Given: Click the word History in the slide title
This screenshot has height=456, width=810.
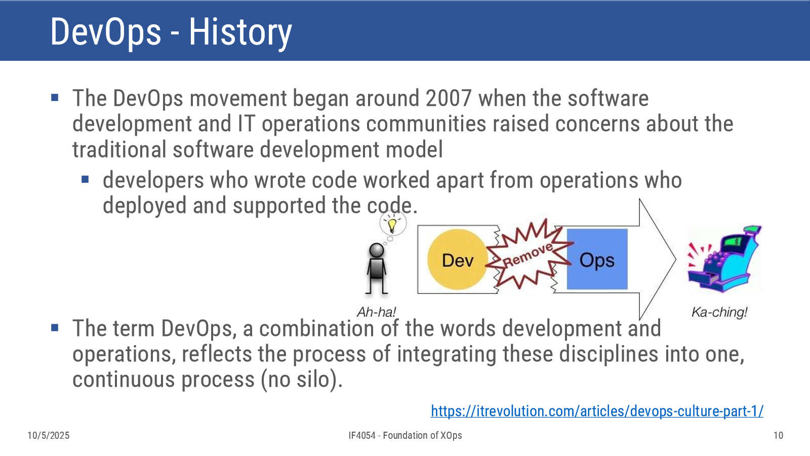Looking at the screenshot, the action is coord(240,32).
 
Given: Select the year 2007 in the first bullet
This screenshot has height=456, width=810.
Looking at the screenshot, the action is coord(449,98).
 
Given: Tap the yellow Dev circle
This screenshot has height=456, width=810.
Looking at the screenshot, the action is coord(458,259).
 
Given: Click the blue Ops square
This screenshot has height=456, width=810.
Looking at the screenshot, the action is coord(597,259).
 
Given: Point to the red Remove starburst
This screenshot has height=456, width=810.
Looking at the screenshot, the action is coord(528,256).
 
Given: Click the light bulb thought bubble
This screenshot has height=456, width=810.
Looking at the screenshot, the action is coord(393,223).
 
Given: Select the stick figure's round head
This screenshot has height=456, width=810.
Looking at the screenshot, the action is coord(377,250).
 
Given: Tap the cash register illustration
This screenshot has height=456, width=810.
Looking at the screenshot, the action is coord(724,259).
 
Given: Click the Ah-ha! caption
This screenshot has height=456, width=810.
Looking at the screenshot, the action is coord(376,312).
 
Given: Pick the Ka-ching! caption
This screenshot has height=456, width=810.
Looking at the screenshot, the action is coord(719,312).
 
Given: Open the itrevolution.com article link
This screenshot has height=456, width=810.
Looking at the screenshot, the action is coord(597,411).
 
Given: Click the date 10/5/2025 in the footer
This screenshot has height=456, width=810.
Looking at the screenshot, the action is coord(49,435).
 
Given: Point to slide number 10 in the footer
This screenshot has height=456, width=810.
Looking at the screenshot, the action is coord(778,435).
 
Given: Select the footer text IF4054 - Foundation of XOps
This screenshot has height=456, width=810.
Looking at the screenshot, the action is coord(405,435).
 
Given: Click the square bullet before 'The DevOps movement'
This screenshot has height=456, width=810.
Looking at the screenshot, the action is coord(55,98).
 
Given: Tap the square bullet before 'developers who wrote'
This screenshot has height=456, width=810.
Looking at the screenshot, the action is coord(86,179).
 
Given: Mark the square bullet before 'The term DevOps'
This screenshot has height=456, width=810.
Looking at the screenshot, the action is coord(55,328).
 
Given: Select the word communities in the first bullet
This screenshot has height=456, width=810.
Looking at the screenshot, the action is coord(426,124).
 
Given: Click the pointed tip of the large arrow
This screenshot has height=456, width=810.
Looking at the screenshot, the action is coord(675,259).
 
